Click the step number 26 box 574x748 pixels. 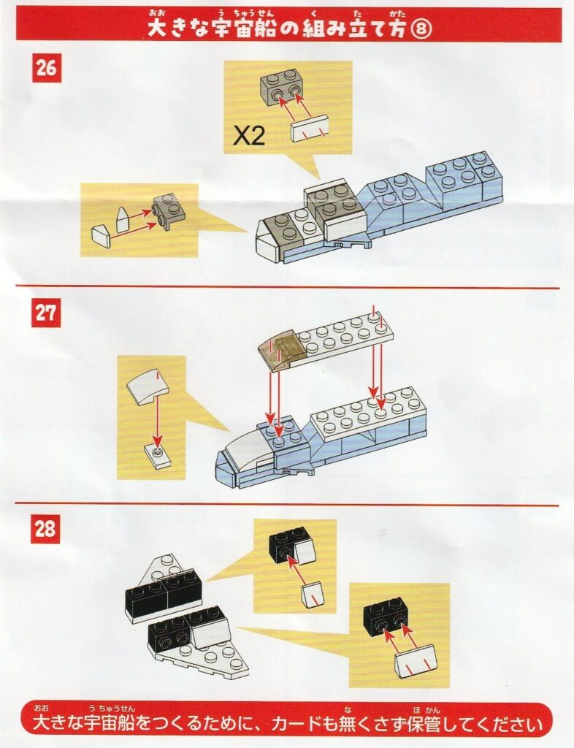point(47,68)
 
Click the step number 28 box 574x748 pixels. point(46,529)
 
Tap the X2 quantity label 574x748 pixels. point(249,137)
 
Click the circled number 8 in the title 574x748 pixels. point(421,29)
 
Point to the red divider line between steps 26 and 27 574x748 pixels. point(287,287)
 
